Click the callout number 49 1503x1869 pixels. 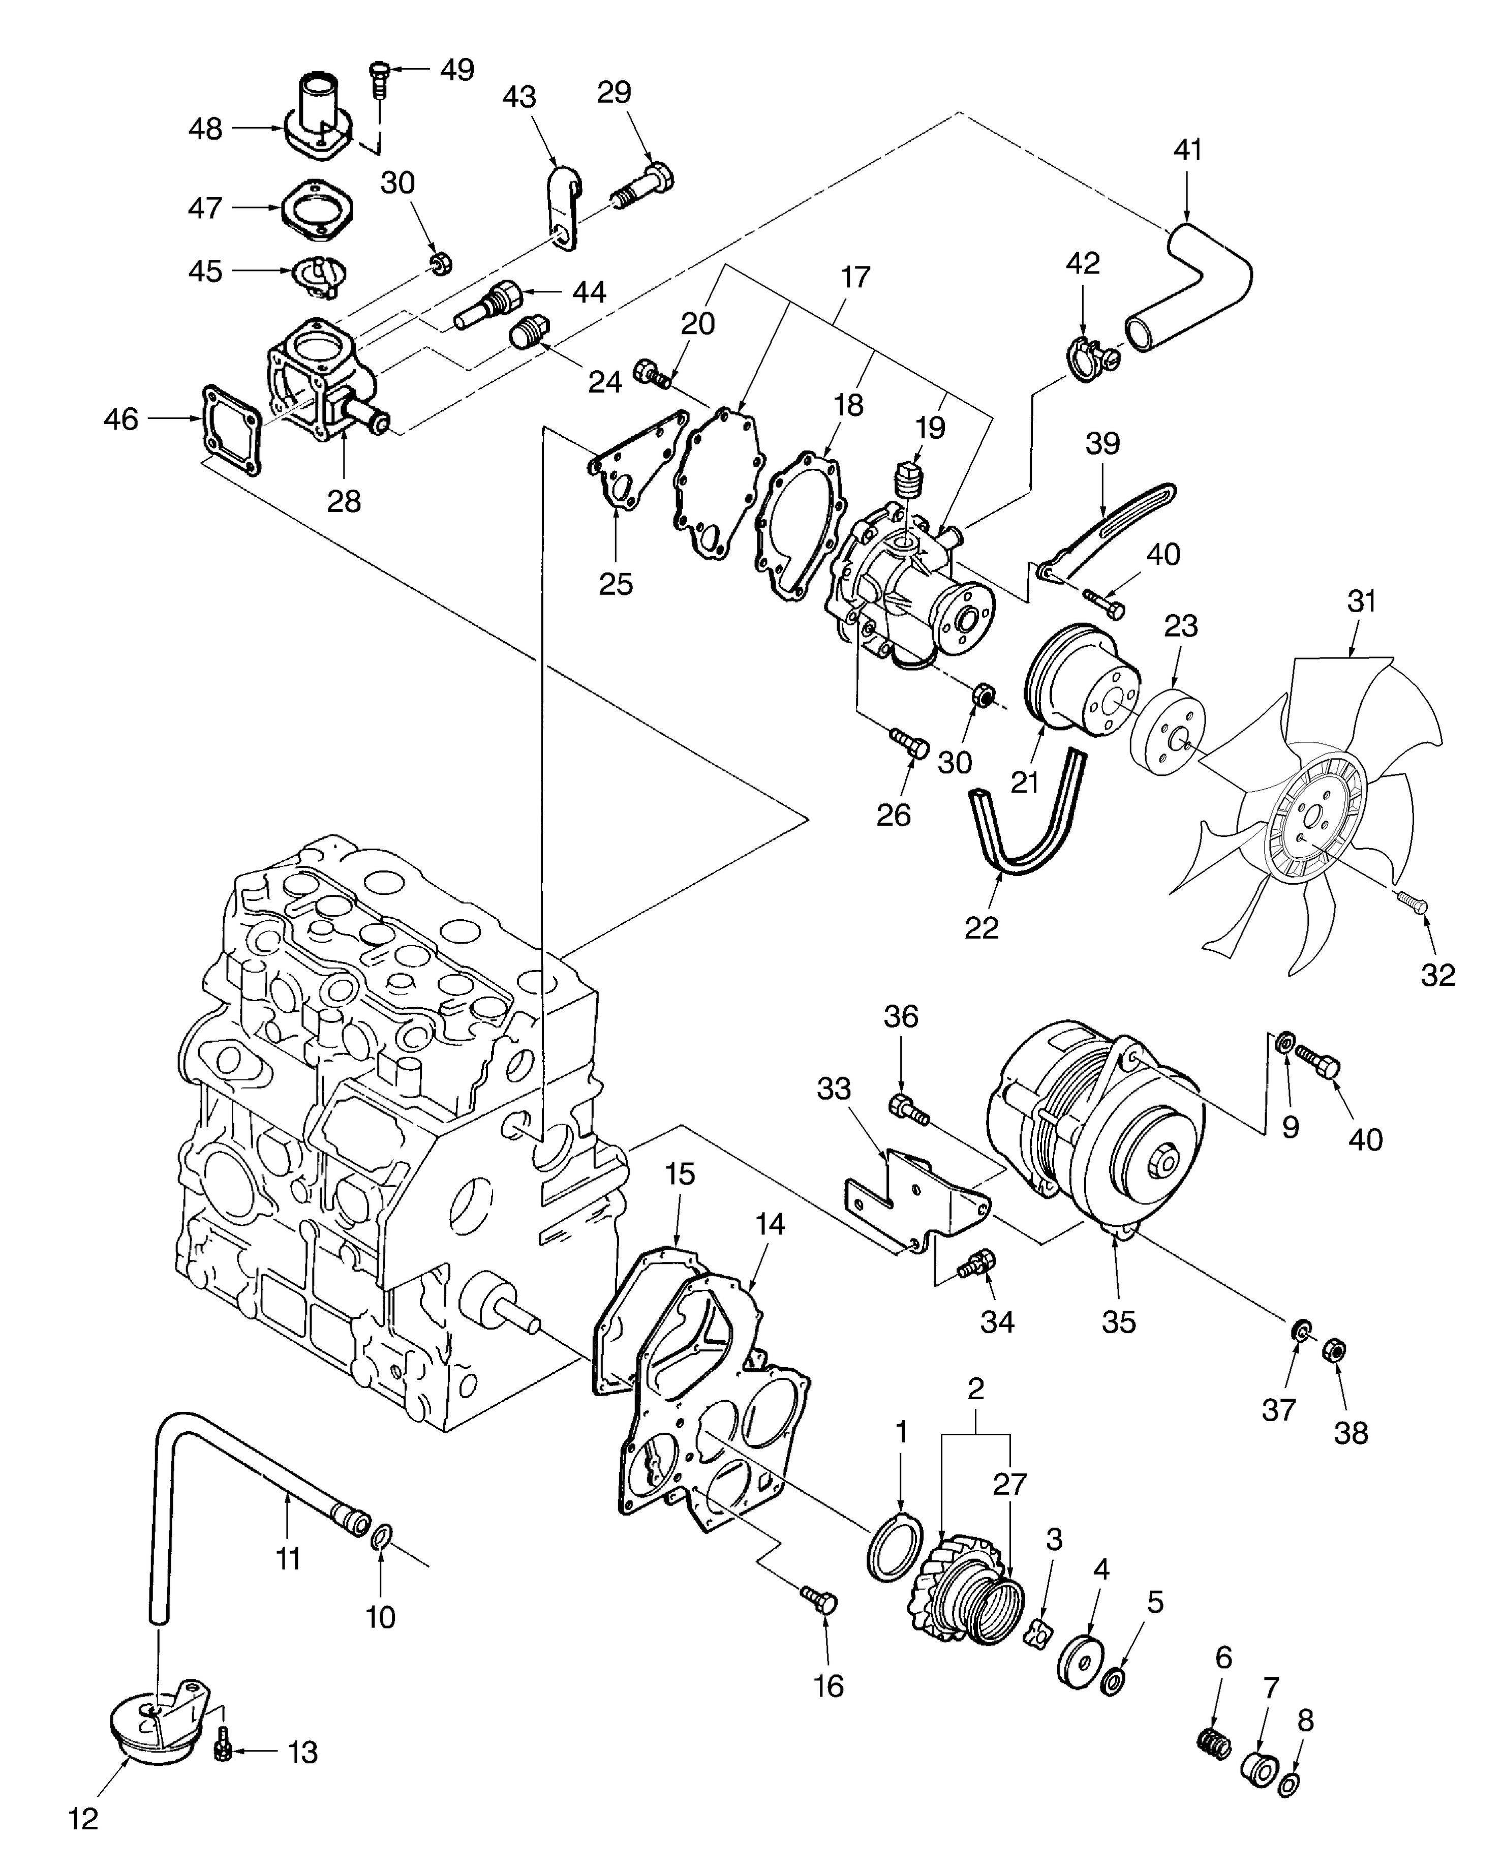click(x=457, y=69)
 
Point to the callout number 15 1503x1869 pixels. click(x=681, y=1174)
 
